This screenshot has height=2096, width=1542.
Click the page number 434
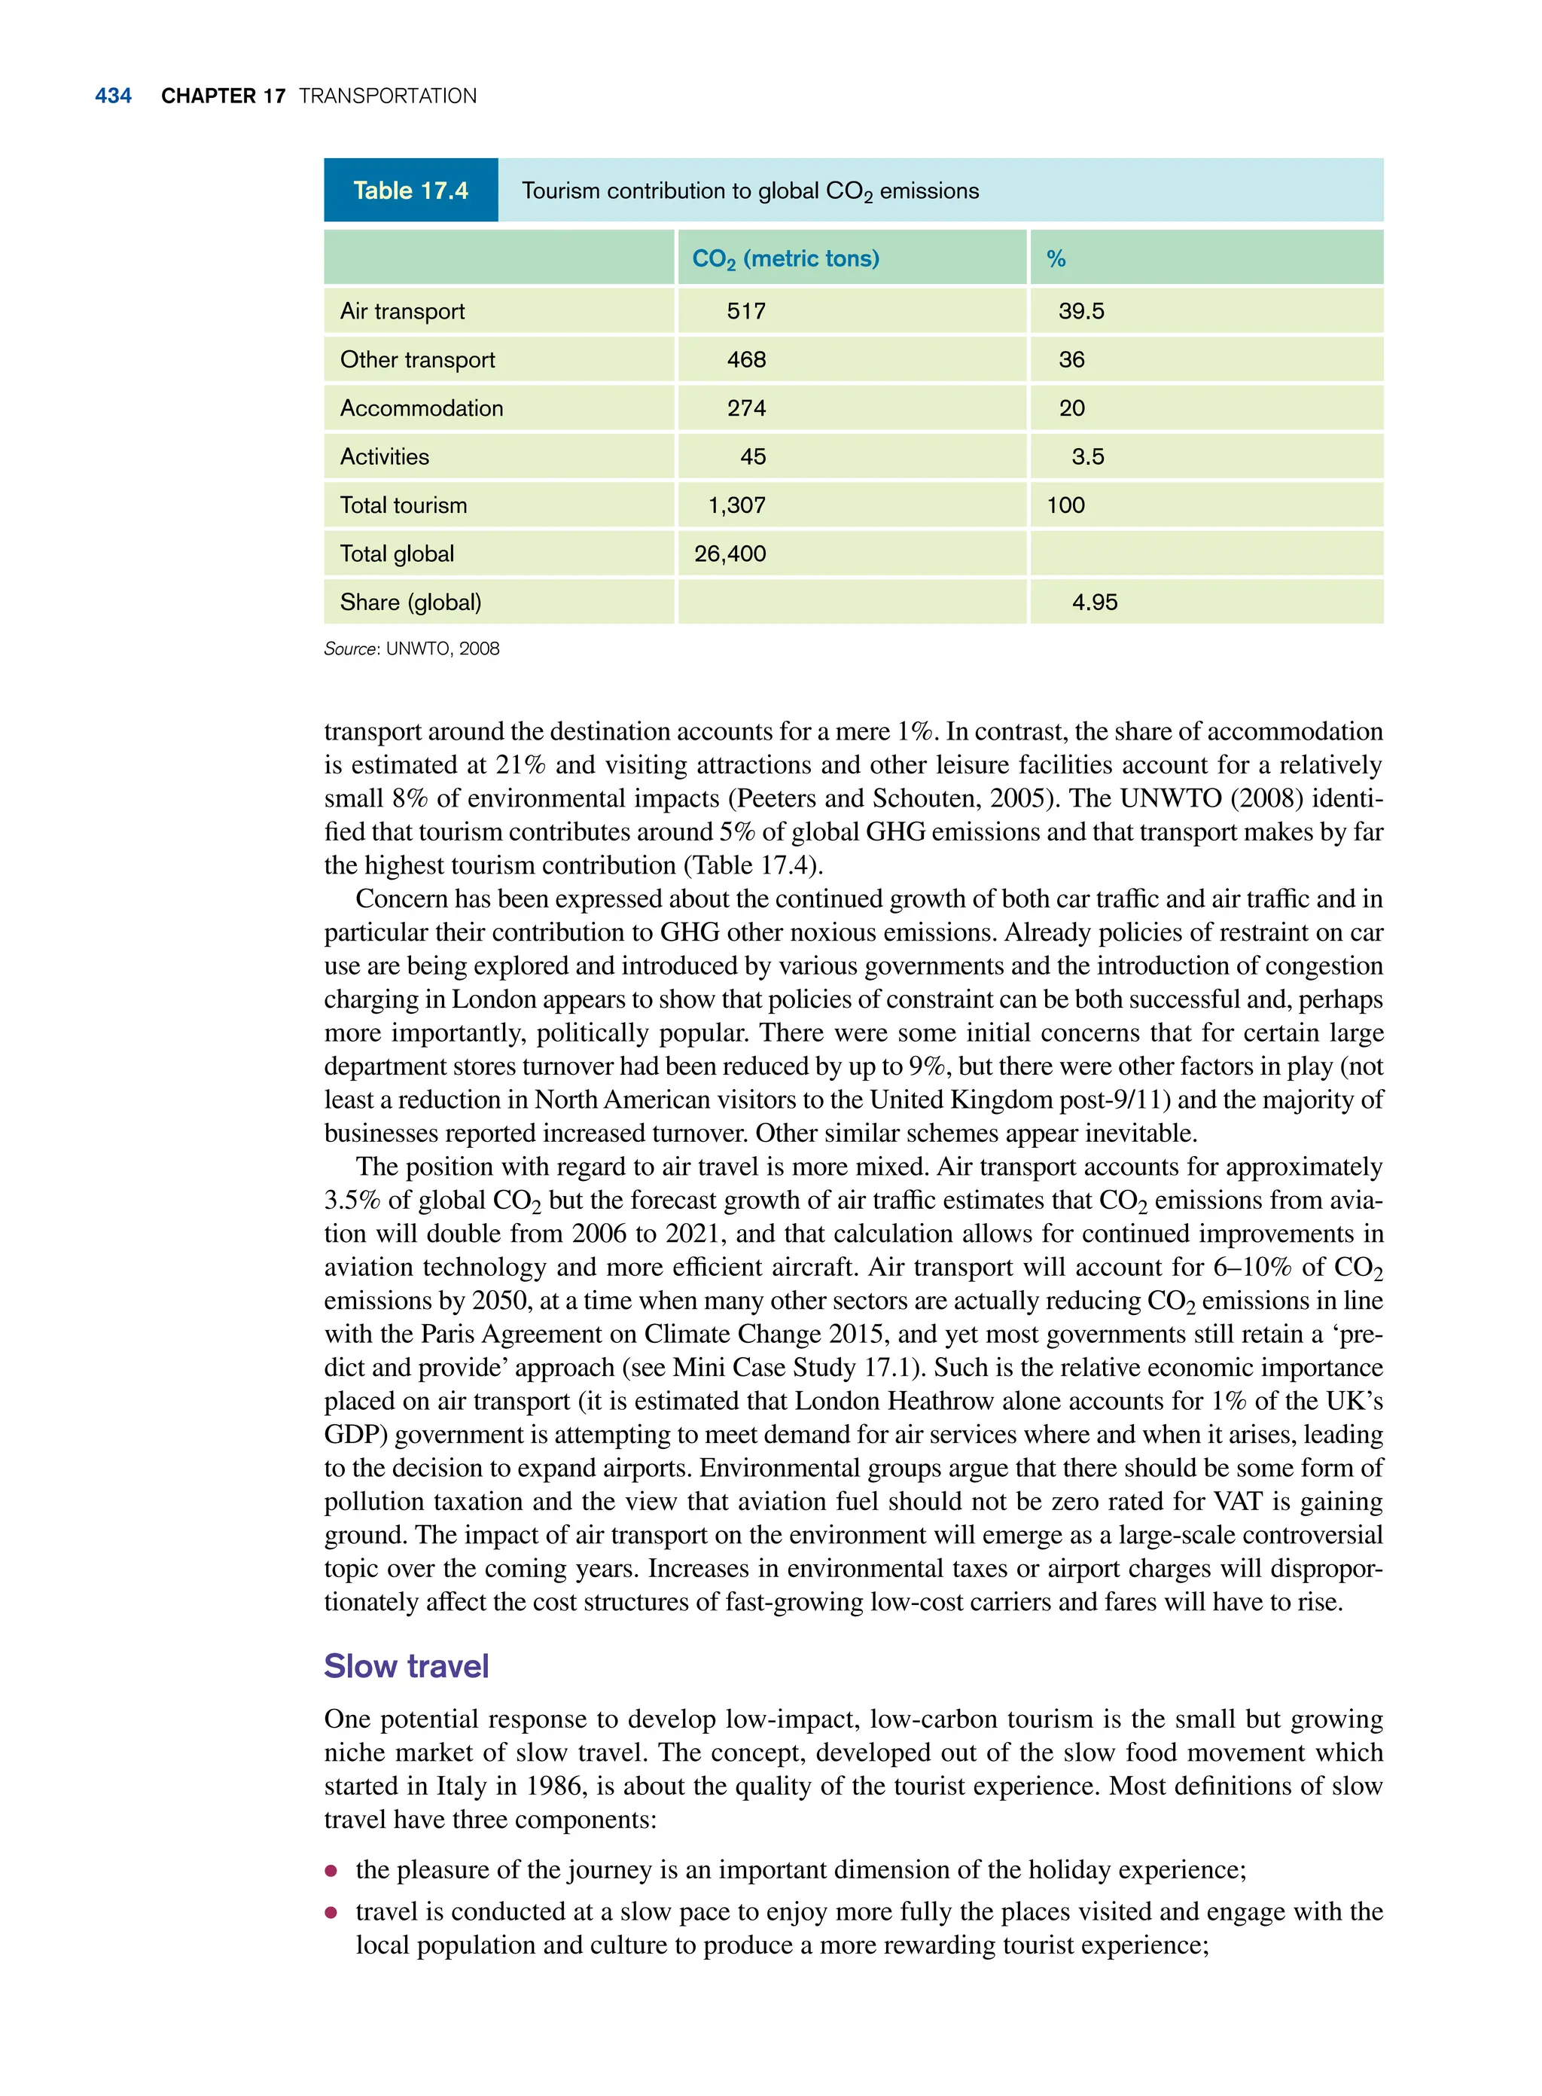(113, 96)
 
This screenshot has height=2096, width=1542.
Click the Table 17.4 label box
(410, 191)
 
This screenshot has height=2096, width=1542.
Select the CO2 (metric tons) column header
(785, 258)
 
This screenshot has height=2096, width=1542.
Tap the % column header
(1056, 258)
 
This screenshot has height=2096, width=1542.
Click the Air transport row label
(402, 311)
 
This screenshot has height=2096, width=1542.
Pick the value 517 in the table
(746, 311)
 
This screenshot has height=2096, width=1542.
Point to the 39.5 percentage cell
(1081, 311)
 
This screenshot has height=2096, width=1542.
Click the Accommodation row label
(421, 408)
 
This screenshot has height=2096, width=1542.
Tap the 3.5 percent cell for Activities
(1087, 456)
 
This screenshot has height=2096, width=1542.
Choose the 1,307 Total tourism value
(736, 505)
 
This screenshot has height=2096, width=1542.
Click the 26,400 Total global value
(730, 554)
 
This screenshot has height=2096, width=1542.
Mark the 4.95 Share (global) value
(1094, 603)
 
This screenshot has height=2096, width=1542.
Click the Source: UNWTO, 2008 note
(412, 649)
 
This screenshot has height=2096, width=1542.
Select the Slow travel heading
(406, 1667)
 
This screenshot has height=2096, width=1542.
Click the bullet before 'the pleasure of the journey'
(331, 1871)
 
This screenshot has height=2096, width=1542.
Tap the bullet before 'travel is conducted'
(331, 1912)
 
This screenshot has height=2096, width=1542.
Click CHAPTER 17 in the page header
(223, 96)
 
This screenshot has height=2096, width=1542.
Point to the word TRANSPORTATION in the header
(387, 96)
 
